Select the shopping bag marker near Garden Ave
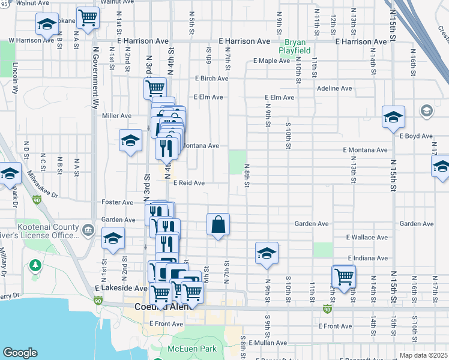218,224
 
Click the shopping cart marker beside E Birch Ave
155,88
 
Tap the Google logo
20,353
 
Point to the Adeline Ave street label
334,88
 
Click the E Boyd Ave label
416,136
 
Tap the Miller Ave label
116,116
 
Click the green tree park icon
35,265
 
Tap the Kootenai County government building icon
88,229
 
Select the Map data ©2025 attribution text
424,355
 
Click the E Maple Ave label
272,61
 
